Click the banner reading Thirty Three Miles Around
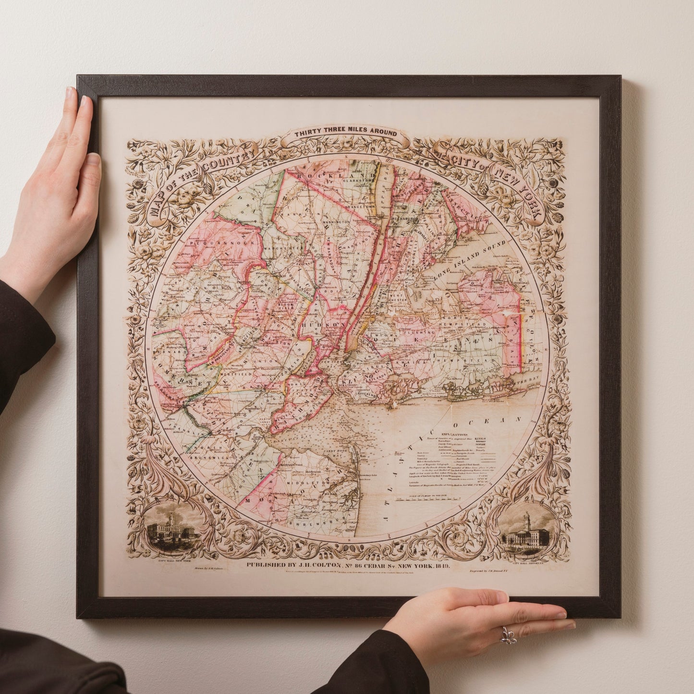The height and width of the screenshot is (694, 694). [x=346, y=133]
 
